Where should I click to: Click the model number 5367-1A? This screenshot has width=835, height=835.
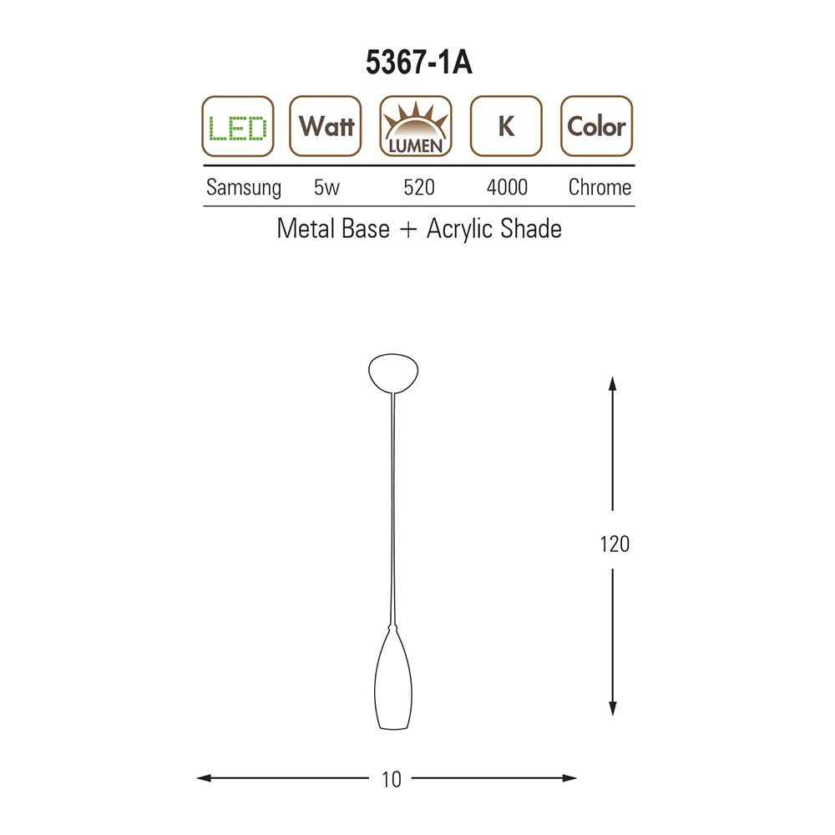[x=418, y=63]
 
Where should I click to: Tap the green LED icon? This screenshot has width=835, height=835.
[x=237, y=126]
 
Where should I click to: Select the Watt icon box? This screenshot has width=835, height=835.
[x=326, y=126]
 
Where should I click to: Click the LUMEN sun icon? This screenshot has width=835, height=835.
[x=416, y=126]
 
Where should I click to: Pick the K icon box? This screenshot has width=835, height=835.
[x=507, y=126]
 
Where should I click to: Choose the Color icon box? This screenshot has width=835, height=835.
[x=597, y=126]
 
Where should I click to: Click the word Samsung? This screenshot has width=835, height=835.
[x=243, y=188]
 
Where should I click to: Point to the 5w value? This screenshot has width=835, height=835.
[x=326, y=187]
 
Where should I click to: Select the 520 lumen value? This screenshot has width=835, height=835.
[x=419, y=187]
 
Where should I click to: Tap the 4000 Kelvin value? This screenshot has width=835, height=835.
[x=507, y=187]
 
